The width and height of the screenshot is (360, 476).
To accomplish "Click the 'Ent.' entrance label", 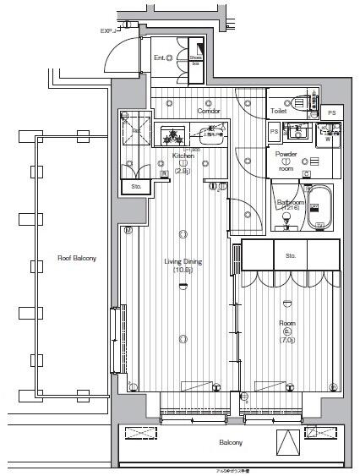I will coord(159,58).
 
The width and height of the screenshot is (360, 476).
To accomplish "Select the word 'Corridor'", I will coord(209,112).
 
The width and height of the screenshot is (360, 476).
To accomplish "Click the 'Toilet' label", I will coord(279,111).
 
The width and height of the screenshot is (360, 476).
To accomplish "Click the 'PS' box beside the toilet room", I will coord(332,112).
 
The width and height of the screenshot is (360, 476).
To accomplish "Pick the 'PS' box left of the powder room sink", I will coord(274,132).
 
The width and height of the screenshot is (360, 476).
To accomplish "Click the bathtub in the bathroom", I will coord(321,213).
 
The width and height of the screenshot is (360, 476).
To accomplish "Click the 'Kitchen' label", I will coord(183,156).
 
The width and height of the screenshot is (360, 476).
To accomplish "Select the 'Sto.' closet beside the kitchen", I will coord(136,186).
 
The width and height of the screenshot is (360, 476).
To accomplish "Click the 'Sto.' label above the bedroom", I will coord(290,254).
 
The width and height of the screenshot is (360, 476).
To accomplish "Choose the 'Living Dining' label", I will coord(183,261).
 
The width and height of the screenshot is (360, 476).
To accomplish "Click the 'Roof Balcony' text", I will coord(76,258).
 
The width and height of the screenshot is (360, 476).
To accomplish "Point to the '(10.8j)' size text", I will coord(183,271).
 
